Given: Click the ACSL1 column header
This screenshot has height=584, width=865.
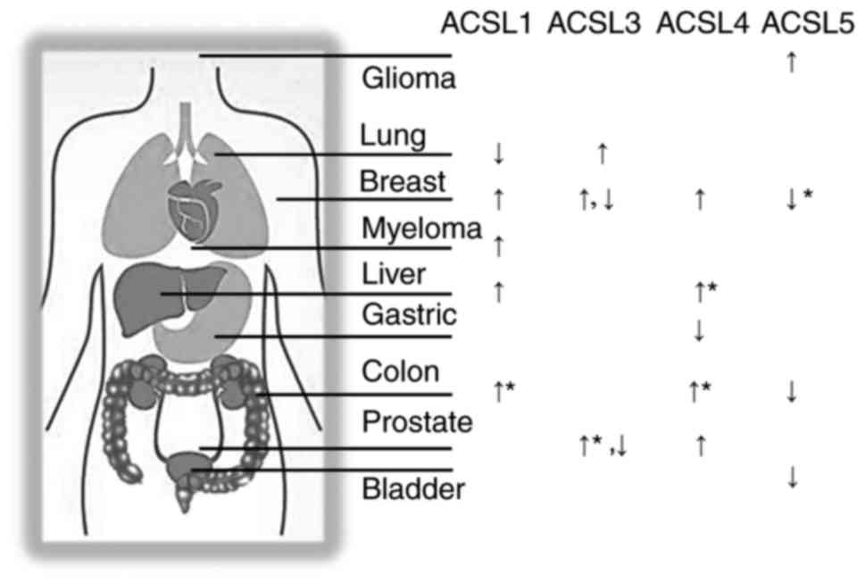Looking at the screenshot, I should pyautogui.click(x=487, y=24).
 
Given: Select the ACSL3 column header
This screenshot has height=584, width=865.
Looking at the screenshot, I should pyautogui.click(x=595, y=24).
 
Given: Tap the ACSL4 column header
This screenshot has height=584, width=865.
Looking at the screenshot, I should pyautogui.click(x=702, y=24).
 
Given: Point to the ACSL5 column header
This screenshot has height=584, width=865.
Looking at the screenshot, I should pyautogui.click(x=808, y=24).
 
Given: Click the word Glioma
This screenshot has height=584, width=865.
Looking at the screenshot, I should pyautogui.click(x=409, y=79).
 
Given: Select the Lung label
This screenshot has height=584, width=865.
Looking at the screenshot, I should pyautogui.click(x=393, y=137).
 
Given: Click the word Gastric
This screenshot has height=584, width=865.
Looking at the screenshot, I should pyautogui.click(x=409, y=315).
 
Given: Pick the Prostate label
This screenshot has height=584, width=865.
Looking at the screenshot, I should pyautogui.click(x=417, y=419).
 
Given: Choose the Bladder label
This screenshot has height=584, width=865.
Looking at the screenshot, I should pyautogui.click(x=413, y=489).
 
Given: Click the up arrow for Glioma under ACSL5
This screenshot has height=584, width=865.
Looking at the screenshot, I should pyautogui.click(x=790, y=63).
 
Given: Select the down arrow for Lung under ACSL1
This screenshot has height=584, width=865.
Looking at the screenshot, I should pyautogui.click(x=499, y=154).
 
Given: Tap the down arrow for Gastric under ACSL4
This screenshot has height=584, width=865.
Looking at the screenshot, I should pyautogui.click(x=700, y=331).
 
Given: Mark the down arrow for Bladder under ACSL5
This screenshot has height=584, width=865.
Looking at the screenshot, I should pyautogui.click(x=792, y=478).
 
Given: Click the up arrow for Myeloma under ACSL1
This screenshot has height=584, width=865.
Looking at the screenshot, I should pyautogui.click(x=499, y=245).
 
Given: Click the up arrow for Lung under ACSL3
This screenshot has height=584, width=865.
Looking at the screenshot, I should pyautogui.click(x=603, y=154).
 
